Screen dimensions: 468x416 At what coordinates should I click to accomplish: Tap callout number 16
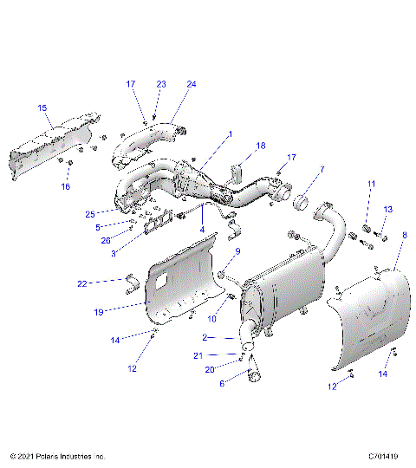(64, 186)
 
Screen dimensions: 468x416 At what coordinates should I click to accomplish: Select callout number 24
(192, 84)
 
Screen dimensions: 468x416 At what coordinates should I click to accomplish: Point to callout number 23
(160, 84)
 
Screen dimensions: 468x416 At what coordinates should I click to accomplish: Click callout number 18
(261, 146)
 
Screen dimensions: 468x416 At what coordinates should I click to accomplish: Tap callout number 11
(370, 184)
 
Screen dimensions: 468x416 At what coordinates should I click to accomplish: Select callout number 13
(388, 209)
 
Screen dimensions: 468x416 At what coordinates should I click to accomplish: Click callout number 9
(237, 252)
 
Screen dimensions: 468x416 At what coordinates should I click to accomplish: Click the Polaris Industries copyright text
(57, 455)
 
